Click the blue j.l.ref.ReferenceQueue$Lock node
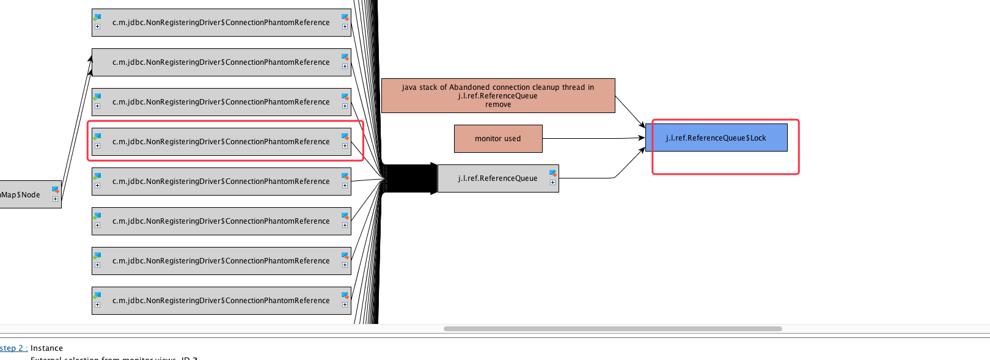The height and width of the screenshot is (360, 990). [x=716, y=138]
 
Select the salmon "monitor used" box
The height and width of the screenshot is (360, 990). [x=497, y=139]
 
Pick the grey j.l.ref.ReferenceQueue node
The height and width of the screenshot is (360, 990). [x=497, y=178]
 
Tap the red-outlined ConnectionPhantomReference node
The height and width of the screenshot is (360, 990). [x=221, y=142]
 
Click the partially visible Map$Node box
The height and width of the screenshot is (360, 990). [x=24, y=195]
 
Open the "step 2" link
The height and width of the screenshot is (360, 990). [x=12, y=348]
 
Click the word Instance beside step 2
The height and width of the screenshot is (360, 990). [x=46, y=348]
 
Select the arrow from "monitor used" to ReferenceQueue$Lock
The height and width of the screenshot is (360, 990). [x=593, y=139]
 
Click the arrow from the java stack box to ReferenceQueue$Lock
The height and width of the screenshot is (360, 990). [x=629, y=111]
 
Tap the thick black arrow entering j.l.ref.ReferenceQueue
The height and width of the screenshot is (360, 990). [x=409, y=178]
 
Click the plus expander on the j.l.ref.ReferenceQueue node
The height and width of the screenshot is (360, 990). [x=552, y=182]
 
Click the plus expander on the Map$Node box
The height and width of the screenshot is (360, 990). [x=55, y=199]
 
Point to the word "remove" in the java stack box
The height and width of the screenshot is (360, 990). [x=498, y=105]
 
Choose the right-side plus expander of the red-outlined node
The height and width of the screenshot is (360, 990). [x=345, y=145]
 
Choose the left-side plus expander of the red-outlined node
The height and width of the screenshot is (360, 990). [x=97, y=145]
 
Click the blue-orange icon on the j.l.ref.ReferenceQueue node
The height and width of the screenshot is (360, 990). [x=552, y=174]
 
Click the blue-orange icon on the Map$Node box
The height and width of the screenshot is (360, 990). [x=55, y=189]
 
